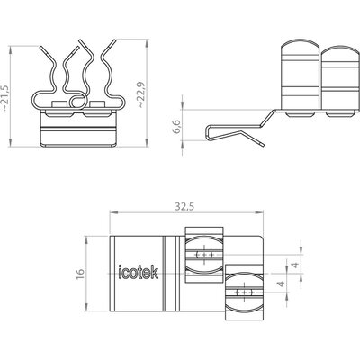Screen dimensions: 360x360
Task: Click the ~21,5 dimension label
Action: (x=5, y=97)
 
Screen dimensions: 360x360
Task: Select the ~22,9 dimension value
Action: (x=140, y=94)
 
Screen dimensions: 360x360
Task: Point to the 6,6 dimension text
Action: (x=176, y=126)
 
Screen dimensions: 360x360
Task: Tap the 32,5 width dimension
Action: (x=184, y=206)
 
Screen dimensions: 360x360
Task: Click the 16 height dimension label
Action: (x=80, y=274)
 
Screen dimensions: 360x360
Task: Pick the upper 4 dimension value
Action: (x=295, y=265)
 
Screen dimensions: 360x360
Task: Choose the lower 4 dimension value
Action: (x=281, y=283)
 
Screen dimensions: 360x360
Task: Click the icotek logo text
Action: (x=139, y=272)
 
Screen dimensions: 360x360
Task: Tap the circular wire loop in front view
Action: (x=77, y=101)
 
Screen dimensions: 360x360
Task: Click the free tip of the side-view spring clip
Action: (x=264, y=145)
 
